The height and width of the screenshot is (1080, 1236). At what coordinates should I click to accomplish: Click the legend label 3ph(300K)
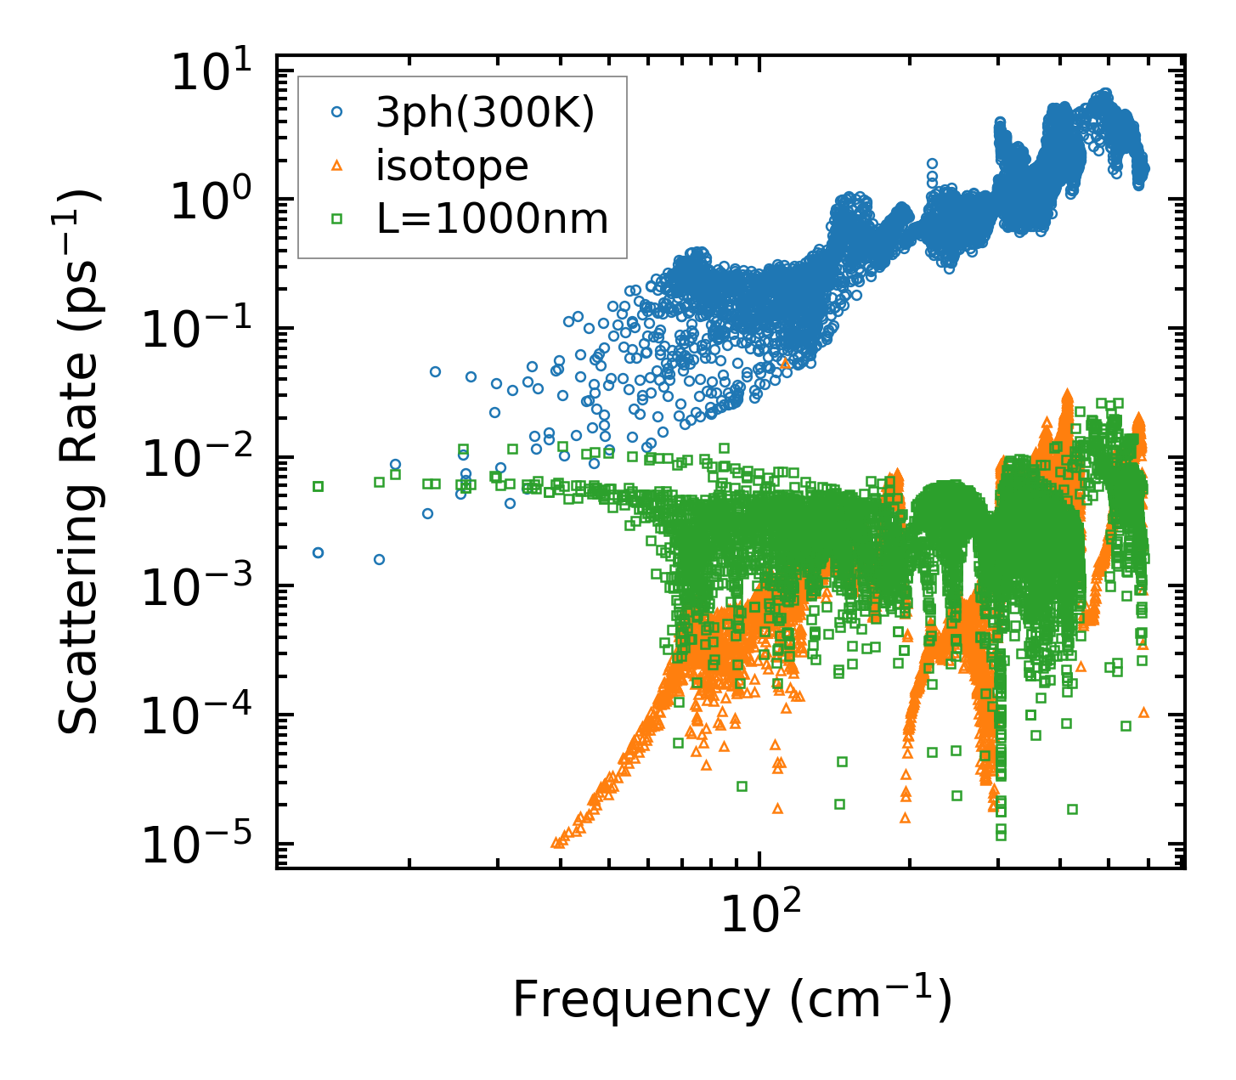[485, 112]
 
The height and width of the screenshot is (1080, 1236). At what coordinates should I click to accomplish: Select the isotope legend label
[452, 166]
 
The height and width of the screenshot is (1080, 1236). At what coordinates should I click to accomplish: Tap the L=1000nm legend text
[493, 219]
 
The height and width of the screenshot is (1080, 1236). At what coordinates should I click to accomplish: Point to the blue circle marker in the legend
[336, 112]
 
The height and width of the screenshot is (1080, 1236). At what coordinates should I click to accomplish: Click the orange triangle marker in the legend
[336, 166]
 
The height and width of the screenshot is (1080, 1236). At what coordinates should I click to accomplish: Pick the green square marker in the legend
[336, 219]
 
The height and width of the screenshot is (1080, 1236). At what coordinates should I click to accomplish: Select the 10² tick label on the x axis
[759, 914]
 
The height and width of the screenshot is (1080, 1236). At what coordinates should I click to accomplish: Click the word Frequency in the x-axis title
[639, 999]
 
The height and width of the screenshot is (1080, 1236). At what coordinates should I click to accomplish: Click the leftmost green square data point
[319, 486]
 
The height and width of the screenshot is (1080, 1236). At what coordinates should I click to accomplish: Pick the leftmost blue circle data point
[319, 552]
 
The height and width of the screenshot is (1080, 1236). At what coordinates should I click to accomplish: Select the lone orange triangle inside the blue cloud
[784, 363]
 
